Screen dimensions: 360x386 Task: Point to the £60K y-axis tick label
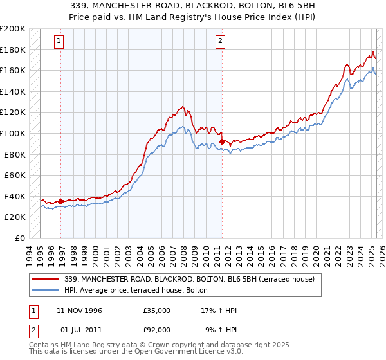(x=15, y=175)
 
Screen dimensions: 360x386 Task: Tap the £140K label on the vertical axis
(x=13, y=91)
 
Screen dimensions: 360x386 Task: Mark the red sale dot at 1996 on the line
(x=61, y=201)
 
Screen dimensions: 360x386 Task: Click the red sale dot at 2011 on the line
(x=222, y=141)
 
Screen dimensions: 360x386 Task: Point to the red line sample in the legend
(x=45, y=279)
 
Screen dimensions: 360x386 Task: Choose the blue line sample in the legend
(x=45, y=290)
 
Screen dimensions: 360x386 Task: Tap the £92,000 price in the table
(x=157, y=330)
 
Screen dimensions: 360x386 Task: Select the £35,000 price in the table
(x=157, y=310)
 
